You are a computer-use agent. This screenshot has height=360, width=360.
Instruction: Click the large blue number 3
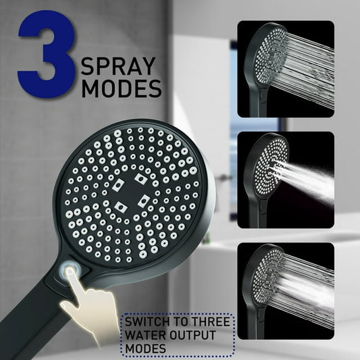point(47,54)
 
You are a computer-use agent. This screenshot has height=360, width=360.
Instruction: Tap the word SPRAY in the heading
point(118,66)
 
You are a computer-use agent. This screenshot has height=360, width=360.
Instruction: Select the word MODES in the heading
point(122,88)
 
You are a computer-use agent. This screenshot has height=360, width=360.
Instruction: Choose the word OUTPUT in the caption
point(192,335)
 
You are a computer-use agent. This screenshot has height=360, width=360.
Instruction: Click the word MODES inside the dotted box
point(145,349)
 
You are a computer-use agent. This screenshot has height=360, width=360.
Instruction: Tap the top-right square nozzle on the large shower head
point(140,178)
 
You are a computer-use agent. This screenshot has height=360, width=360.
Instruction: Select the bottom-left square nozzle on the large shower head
point(121,207)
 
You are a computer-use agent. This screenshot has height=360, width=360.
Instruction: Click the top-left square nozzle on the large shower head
point(118,185)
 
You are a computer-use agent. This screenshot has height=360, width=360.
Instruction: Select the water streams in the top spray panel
point(307,67)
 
